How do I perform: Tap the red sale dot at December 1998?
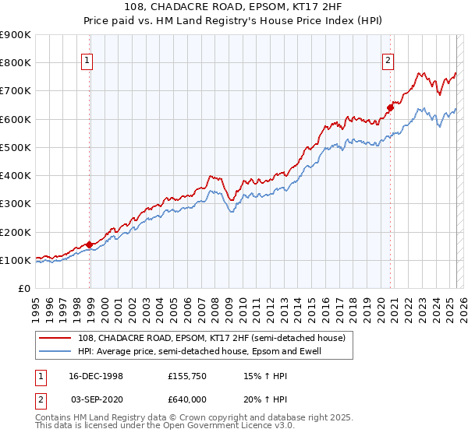click(90, 244)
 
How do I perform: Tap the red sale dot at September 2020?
click(390, 107)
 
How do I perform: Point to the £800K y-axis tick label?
click(16, 63)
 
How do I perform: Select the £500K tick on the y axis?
click(16, 147)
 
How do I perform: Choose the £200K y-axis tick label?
click(16, 232)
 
